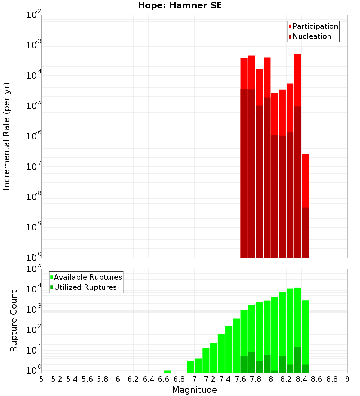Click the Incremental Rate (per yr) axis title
(x=7, y=136)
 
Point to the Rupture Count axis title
(x=14, y=320)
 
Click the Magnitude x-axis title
(x=194, y=390)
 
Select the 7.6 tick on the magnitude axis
(x=240, y=379)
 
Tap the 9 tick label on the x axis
(x=347, y=379)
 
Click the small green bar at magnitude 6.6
(x=167, y=372)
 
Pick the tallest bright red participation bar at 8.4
(x=298, y=79)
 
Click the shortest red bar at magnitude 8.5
(x=305, y=180)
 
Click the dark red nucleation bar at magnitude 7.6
(x=244, y=173)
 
